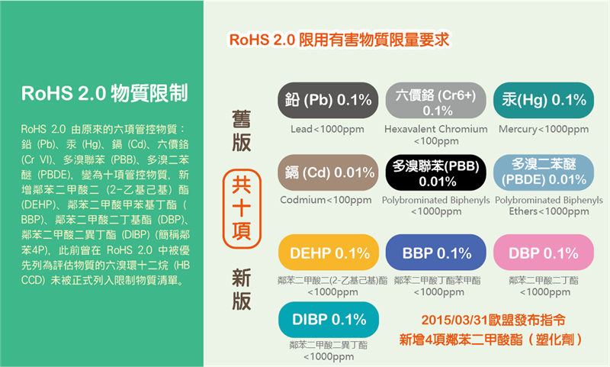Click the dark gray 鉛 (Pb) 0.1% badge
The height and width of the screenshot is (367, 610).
328,100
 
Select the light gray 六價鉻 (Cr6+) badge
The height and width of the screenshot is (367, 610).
435,100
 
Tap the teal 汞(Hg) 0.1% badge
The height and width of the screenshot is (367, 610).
544,100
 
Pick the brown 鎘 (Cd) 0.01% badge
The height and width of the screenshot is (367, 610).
328,172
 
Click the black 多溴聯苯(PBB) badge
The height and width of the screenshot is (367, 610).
435,172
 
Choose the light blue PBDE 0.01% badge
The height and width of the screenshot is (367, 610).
544,172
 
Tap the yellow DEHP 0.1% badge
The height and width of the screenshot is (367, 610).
329,253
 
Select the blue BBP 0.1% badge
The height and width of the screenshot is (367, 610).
435,253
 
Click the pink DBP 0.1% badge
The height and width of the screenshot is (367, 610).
544,253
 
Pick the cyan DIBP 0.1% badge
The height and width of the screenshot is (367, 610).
329,320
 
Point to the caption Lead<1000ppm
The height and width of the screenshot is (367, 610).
327,129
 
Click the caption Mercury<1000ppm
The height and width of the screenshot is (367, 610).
544,129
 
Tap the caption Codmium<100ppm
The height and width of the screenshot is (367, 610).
326,200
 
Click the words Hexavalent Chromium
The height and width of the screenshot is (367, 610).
435,129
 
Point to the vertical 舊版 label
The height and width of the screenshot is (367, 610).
241,130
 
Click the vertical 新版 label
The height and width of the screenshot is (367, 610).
241,289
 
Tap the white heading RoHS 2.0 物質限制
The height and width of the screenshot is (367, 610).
104,93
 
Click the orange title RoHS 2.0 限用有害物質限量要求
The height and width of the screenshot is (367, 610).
339,40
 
